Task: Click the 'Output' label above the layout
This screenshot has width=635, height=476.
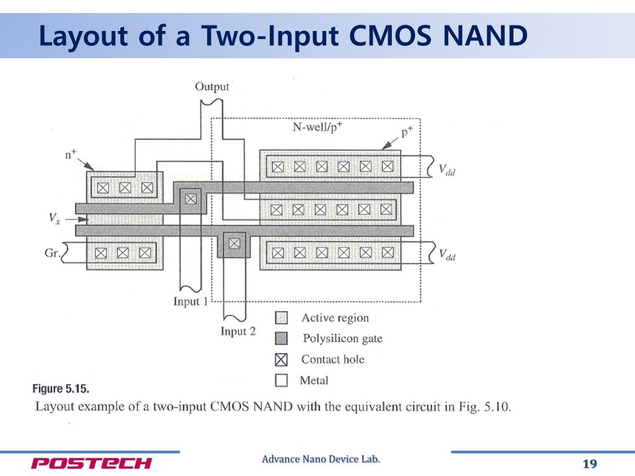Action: pos(212,86)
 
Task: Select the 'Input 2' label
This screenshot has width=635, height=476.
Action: pos(238,332)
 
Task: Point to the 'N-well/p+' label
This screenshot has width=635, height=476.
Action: pos(319,127)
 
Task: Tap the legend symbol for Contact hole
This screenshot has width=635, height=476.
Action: pos(282,359)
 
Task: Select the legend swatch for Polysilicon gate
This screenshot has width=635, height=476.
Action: pos(282,338)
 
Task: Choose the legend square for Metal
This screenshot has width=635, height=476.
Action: pos(282,380)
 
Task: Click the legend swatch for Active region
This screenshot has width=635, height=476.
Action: pos(282,318)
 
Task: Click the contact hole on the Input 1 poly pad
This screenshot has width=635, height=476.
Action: pos(190,199)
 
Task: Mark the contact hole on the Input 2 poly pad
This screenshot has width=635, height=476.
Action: pos(234,244)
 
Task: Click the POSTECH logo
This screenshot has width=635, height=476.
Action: pos(91,464)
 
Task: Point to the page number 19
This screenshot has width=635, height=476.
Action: pos(589,464)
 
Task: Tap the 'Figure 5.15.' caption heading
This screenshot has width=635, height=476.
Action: pos(61,389)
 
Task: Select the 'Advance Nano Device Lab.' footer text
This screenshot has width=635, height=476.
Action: pos(321,459)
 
